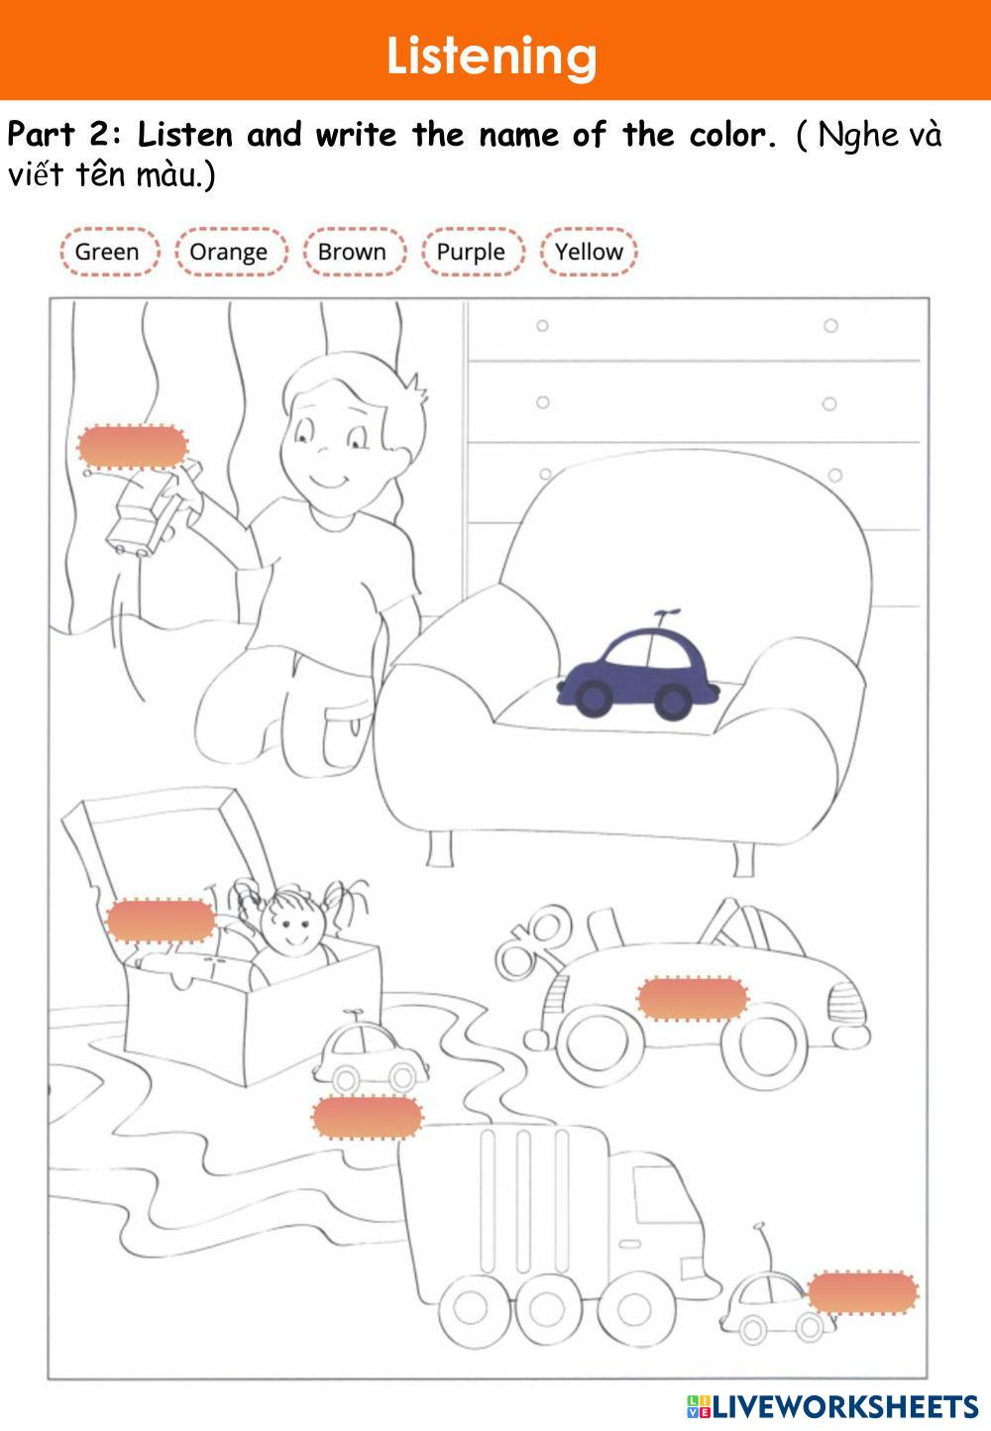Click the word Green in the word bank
click(x=107, y=252)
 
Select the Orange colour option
click(x=229, y=252)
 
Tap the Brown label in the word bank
click(x=352, y=252)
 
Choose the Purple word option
click(x=471, y=252)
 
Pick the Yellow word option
click(x=589, y=252)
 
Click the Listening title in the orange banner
click(x=492, y=56)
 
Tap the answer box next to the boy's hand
click(x=132, y=447)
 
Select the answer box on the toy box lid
click(x=161, y=920)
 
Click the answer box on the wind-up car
click(x=693, y=998)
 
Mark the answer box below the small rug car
click(x=368, y=1117)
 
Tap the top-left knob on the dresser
click(x=542, y=326)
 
